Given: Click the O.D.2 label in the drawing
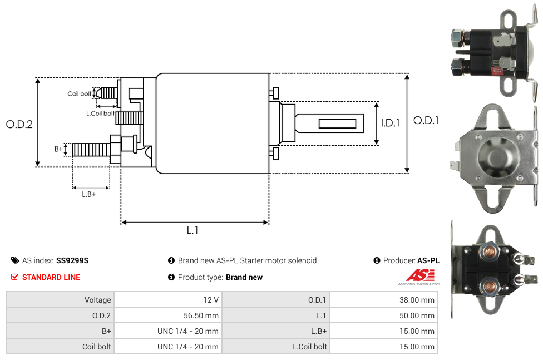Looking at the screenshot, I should [x=19, y=124].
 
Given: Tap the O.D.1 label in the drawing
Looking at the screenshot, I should [x=426, y=120].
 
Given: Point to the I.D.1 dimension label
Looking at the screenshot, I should [x=390, y=123].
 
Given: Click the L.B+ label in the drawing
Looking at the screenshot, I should [x=88, y=194].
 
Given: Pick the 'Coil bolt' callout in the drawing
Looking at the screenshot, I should [x=79, y=93].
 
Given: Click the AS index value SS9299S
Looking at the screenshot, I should [x=72, y=260].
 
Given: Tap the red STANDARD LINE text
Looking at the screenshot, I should [x=51, y=277].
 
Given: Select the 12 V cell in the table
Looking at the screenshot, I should [x=211, y=300].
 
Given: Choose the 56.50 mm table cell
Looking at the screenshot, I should [x=201, y=315].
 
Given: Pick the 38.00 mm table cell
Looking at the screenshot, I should [x=417, y=300].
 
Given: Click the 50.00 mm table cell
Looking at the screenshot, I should [x=417, y=315].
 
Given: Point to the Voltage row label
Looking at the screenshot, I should [x=97, y=300].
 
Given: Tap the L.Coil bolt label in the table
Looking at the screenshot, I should [x=309, y=347].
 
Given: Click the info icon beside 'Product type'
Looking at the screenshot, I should [x=171, y=277].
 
